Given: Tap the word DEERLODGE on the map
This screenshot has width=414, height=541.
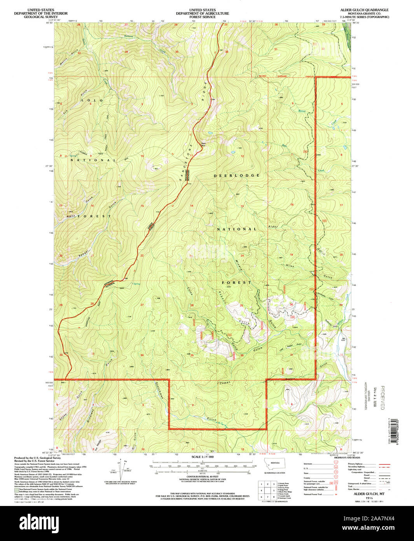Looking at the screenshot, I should point(237,176).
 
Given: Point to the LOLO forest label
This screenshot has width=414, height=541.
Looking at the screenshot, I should point(92,100).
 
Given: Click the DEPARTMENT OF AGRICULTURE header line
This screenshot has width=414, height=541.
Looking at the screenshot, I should point(202,13).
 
